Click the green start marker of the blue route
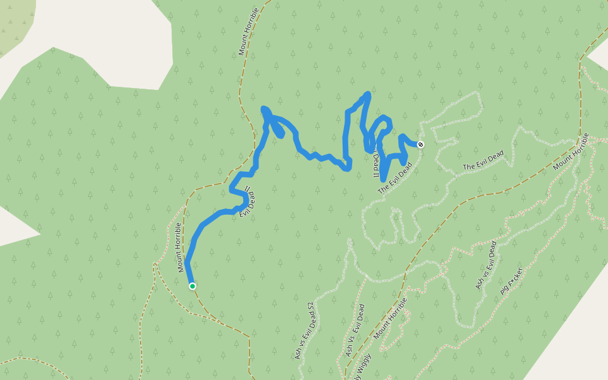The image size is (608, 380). tap(192, 286)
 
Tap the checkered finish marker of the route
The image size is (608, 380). tap(421, 144)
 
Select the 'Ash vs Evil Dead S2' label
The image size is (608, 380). tap(305, 331)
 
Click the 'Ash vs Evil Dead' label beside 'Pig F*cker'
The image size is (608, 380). tap(486, 265)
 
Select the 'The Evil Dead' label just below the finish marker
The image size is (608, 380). tap(395, 178)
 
